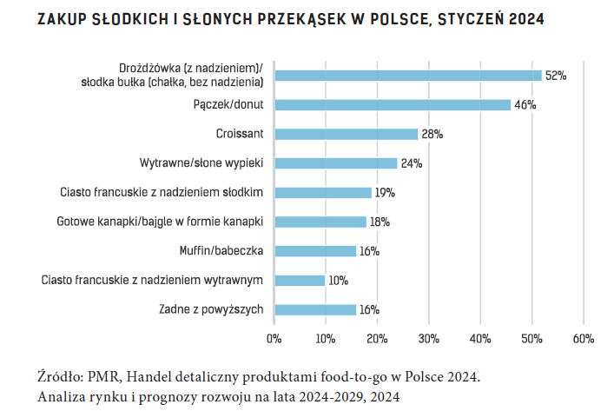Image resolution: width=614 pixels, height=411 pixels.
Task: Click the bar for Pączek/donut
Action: (x=393, y=105)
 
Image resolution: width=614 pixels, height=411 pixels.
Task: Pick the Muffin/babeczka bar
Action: (x=315, y=251)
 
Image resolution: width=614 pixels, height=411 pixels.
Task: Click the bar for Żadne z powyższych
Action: (x=315, y=309)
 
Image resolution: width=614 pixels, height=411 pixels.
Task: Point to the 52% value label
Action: (x=555, y=76)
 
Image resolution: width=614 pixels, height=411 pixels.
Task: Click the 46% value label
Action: (x=525, y=105)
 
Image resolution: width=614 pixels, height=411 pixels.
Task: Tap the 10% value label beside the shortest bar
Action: (x=339, y=281)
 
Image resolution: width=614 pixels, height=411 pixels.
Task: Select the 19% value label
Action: (x=386, y=193)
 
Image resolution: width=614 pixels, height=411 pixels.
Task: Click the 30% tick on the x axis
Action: (x=428, y=338)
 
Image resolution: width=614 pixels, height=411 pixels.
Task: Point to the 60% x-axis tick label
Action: (x=583, y=338)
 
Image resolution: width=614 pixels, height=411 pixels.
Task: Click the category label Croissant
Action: (x=240, y=134)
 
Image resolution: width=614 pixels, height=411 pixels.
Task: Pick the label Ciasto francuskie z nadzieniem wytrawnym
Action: (x=153, y=281)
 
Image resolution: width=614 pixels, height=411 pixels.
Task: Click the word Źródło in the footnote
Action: (x=61, y=377)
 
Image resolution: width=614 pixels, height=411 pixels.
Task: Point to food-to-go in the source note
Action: (x=341, y=377)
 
